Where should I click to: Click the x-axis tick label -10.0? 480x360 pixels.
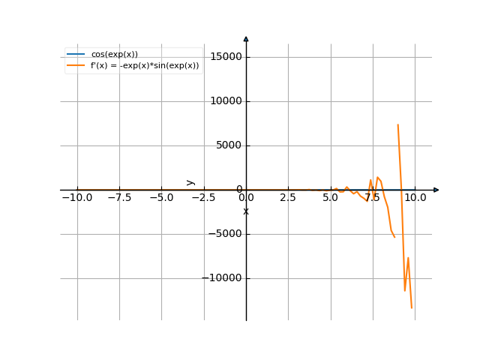pyautogui.click(x=76, y=197)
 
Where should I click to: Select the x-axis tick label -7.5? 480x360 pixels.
pyautogui.click(x=119, y=197)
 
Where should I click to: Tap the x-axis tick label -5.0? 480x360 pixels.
pyautogui.click(x=161, y=197)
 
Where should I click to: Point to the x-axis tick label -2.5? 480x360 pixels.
pyautogui.click(x=203, y=197)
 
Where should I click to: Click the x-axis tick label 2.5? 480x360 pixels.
pyautogui.click(x=288, y=197)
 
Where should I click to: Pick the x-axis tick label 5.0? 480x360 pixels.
pyautogui.click(x=330, y=197)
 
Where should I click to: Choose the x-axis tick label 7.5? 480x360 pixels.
pyautogui.click(x=373, y=197)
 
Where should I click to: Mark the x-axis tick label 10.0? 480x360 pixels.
pyautogui.click(x=415, y=197)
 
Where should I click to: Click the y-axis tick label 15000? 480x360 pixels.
pyautogui.click(x=226, y=57)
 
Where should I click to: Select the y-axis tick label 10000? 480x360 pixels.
pyautogui.click(x=226, y=101)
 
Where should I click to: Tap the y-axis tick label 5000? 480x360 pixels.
pyautogui.click(x=229, y=145)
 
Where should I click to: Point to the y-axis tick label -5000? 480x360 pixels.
pyautogui.click(x=226, y=234)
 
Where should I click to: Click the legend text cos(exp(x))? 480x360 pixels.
pyautogui.click(x=114, y=54)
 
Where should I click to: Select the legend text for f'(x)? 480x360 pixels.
pyautogui.click(x=145, y=65)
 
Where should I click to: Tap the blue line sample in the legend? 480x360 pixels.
pyautogui.click(x=76, y=54)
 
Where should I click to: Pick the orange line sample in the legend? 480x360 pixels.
pyautogui.click(x=76, y=65)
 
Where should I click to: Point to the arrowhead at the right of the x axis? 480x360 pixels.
pyautogui.click(x=436, y=190)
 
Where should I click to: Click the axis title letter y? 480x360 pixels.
pyautogui.click(x=190, y=181)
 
